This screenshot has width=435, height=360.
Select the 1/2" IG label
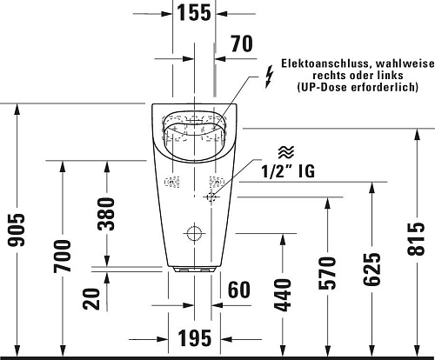pyautogui.click(x=288, y=171)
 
